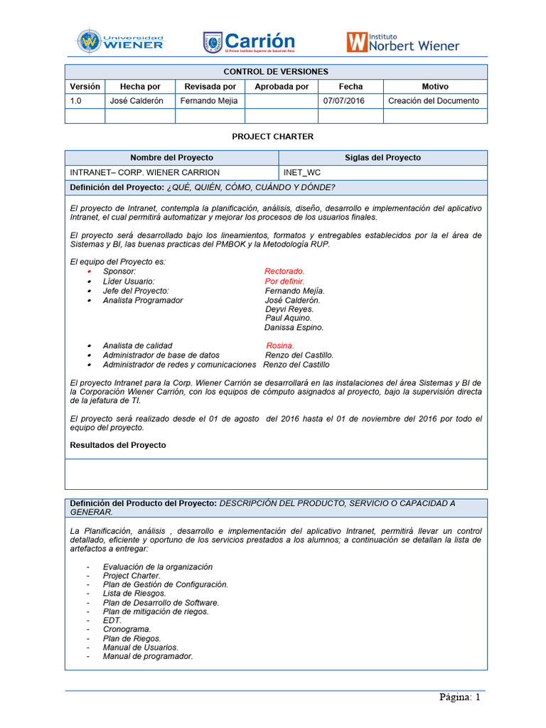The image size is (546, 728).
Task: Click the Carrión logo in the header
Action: [249, 42]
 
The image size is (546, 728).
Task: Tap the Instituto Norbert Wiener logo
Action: [402, 42]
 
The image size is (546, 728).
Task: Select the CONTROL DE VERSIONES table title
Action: [276, 72]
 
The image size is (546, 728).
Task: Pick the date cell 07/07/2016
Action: [343, 101]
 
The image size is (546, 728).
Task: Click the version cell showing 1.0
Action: [76, 101]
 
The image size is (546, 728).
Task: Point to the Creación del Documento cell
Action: [434, 101]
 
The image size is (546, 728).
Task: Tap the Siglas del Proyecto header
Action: [382, 158]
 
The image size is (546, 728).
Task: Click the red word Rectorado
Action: [284, 272]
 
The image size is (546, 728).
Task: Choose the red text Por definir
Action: [284, 281]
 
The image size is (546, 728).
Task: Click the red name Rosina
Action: [279, 346]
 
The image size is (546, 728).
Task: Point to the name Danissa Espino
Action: [294, 328]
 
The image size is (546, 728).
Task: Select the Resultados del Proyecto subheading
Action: [118, 445]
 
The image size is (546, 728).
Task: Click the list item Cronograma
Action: [127, 629]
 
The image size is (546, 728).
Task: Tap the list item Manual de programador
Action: [147, 656]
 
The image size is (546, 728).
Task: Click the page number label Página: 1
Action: [459, 697]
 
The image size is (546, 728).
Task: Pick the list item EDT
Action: [112, 620]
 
